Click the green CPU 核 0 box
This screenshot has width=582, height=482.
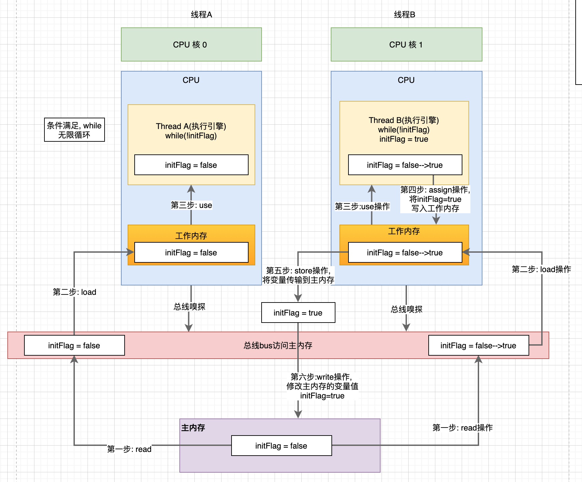pos(191,44)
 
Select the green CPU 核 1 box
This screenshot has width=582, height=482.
pos(406,44)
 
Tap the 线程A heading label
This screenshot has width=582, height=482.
pos(201,15)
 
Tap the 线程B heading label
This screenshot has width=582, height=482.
pos(405,15)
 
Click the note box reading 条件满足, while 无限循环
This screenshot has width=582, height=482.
pos(74,130)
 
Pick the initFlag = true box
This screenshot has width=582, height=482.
pos(298,313)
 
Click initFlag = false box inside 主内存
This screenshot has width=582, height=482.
pos(281,446)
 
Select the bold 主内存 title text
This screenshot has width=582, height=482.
pos(193,428)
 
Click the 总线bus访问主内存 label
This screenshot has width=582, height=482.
pos(278,345)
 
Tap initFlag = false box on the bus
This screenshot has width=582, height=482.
pos(74,345)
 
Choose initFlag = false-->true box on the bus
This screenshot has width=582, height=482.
pos(478,345)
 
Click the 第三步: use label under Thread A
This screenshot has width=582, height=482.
pos(191,205)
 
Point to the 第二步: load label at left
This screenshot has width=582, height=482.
pos(75,292)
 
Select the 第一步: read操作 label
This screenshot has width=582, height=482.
pos(462,428)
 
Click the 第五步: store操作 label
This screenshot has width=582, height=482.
pos(298,275)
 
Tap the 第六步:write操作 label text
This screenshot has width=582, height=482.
pos(322,386)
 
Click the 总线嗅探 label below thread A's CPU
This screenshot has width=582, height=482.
pos(189,307)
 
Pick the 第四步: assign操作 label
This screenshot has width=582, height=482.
pos(435,199)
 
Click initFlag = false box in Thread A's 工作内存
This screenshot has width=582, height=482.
pos(191,252)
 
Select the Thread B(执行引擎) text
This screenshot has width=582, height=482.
pos(404,120)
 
